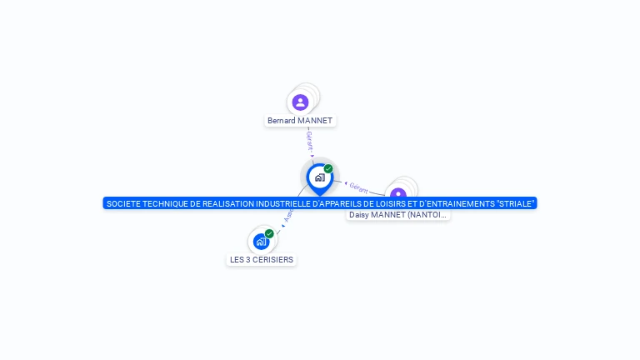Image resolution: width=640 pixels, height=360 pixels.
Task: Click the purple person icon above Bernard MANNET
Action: (301, 102)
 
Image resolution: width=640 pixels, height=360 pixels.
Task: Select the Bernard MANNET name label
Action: (300, 121)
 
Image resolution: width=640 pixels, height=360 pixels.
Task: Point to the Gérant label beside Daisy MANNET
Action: (359, 188)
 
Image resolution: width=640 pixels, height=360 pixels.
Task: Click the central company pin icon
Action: (319, 177)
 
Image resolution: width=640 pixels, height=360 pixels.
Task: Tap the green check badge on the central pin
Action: (328, 169)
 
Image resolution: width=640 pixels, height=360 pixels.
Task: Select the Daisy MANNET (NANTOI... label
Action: (398, 215)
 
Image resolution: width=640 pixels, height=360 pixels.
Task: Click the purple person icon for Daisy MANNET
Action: (398, 194)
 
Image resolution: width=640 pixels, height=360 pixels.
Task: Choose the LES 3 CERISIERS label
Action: (262, 260)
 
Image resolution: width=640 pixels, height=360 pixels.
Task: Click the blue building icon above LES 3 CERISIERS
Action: (262, 242)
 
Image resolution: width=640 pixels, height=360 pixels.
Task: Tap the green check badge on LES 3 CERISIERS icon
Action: (269, 234)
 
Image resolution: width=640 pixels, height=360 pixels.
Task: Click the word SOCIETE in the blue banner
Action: (122, 203)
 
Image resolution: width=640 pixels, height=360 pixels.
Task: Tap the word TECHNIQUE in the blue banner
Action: (164, 203)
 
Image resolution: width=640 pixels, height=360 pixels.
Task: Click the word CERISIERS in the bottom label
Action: (273, 260)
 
